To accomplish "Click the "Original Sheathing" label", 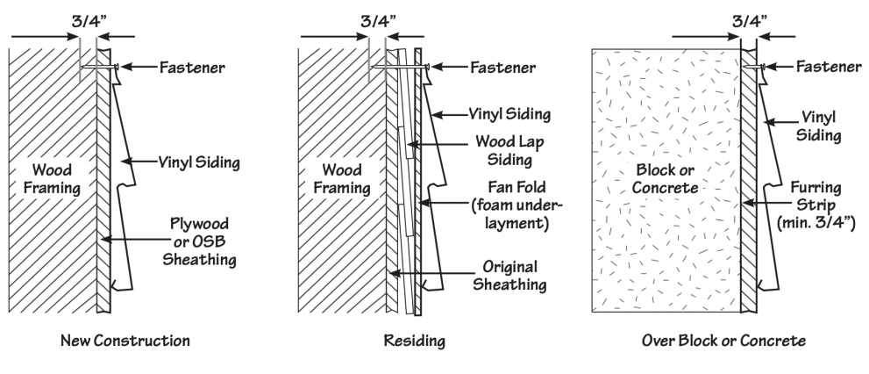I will tap(506, 275).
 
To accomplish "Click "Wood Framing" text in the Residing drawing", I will tap(342, 179).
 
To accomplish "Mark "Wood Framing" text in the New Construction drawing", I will tap(53, 179).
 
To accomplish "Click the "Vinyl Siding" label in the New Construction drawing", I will tap(199, 162).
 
